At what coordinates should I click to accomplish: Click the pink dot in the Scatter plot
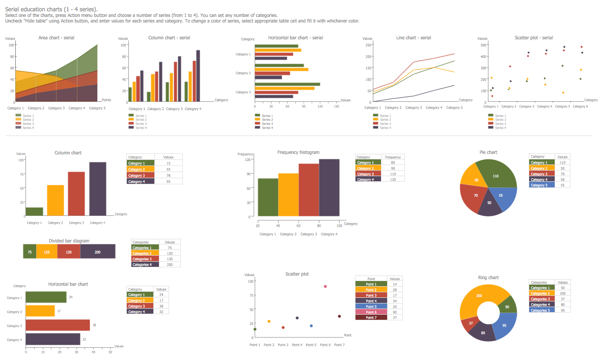[x=325, y=287]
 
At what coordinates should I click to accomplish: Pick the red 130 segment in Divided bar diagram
[x=69, y=252]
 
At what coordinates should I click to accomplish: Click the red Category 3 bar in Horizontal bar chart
[x=58, y=325]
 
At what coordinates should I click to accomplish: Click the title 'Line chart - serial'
[x=414, y=38]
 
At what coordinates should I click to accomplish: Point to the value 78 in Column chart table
[x=168, y=175]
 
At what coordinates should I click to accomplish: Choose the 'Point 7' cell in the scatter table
[x=371, y=317]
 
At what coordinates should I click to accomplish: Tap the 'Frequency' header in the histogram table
[x=393, y=157]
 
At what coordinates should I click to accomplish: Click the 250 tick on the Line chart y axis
[x=368, y=45]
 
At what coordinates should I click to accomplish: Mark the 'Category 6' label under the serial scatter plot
[x=580, y=106]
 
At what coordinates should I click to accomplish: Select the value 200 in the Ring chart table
[x=562, y=293]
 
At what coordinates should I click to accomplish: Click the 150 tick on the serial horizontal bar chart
[x=336, y=106]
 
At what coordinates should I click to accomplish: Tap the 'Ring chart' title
[x=488, y=278]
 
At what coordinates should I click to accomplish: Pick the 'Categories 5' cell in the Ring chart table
[x=541, y=310]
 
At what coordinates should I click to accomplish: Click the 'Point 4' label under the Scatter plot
[x=297, y=345]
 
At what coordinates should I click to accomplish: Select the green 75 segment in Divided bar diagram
[x=30, y=252]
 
